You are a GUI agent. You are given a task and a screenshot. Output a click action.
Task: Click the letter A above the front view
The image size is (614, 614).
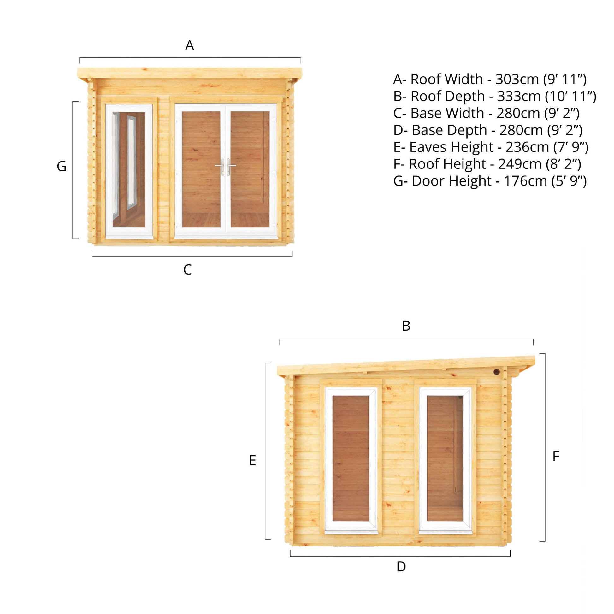[189, 45]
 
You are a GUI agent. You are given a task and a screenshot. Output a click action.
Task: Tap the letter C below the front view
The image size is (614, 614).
[187, 270]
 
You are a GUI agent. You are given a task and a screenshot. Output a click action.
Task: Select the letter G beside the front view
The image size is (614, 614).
[62, 167]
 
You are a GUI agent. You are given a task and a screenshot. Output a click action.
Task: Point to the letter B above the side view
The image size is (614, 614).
[406, 326]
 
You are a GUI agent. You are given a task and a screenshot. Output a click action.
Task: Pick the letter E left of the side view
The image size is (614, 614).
[253, 461]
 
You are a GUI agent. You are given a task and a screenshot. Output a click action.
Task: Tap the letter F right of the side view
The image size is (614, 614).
[556, 456]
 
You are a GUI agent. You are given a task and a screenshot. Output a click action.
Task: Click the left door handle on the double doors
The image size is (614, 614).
[220, 167]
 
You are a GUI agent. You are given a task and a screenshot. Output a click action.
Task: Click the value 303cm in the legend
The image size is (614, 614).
[517, 79]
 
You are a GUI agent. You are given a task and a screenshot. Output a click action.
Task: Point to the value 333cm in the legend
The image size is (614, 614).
[519, 96]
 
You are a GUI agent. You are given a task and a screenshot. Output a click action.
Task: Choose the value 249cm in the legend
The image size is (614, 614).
[520, 164]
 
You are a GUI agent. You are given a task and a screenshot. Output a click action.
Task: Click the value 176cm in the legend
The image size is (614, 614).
[526, 181]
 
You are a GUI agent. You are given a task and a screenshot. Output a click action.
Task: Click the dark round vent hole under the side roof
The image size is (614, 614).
[496, 372]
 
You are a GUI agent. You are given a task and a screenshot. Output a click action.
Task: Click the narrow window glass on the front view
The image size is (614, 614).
[129, 169]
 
